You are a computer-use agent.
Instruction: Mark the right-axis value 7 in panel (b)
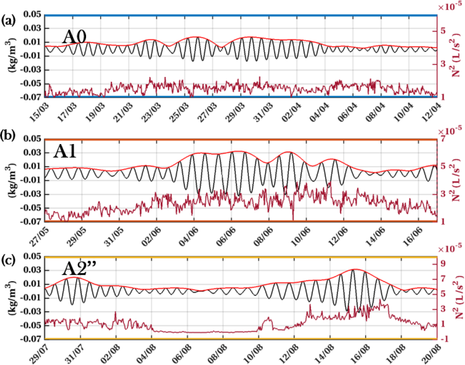(x=444, y=140)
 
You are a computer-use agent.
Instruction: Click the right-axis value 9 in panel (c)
(x=444, y=263)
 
